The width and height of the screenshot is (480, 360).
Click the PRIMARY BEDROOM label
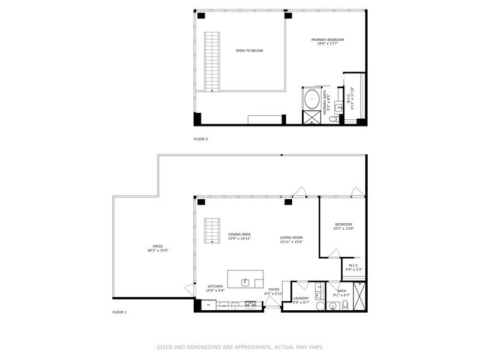click(x=327, y=40)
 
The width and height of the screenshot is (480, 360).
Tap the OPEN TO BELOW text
click(x=249, y=50)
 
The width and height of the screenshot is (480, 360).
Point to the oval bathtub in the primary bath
click(x=313, y=99)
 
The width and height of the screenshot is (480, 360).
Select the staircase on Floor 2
click(x=211, y=61)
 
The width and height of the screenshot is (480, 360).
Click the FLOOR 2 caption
click(x=200, y=139)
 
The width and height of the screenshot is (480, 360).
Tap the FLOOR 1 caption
click(x=119, y=313)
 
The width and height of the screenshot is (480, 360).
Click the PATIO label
click(x=158, y=246)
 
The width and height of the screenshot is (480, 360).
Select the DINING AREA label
click(x=239, y=234)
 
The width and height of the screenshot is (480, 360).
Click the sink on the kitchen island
click(x=246, y=281)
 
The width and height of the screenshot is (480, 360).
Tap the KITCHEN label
click(x=215, y=287)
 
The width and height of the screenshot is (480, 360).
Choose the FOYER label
click(x=274, y=290)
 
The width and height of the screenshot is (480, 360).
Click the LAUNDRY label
click(x=301, y=298)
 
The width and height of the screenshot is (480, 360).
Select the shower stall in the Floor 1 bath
click(x=361, y=295)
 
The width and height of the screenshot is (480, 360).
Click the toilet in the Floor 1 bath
click(x=345, y=307)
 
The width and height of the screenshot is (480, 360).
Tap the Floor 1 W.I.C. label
click(x=353, y=265)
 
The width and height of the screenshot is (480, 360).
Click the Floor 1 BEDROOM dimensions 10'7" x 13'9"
click(x=343, y=229)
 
